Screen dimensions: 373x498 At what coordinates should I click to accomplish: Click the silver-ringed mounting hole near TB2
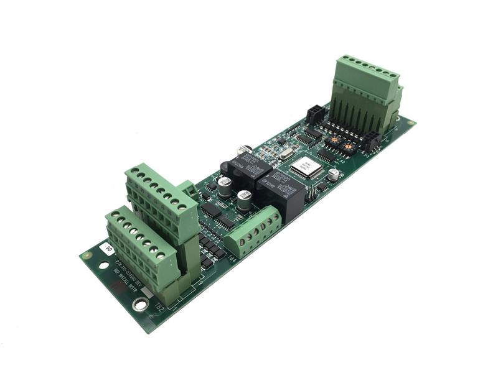pos(141,305)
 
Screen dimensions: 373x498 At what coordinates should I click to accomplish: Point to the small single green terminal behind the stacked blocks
pos(190,189)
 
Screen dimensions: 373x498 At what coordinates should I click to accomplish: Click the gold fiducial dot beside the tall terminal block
pos(411,124)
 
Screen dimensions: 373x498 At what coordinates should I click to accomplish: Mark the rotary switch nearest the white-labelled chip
pos(334,142)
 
